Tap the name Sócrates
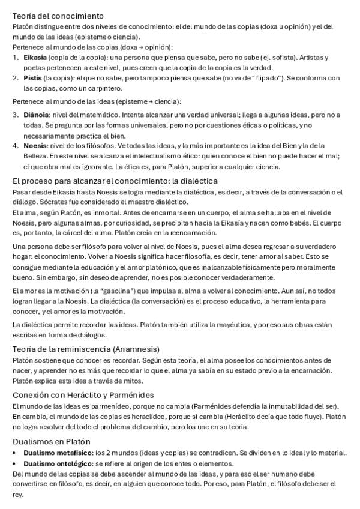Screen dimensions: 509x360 51,202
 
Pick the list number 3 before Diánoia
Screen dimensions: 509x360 15,114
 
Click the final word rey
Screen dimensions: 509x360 17,495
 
